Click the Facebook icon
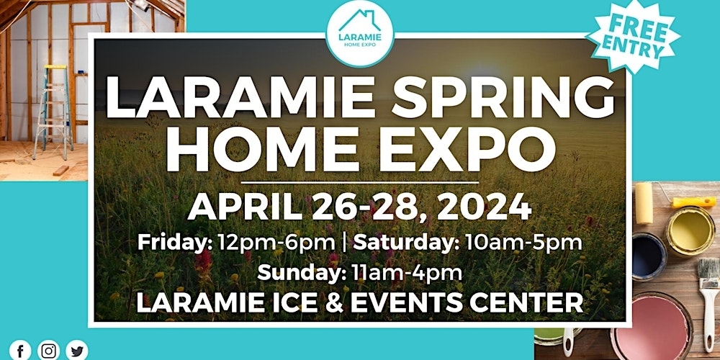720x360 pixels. [x=20, y=351]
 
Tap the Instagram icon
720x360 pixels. [x=48, y=351]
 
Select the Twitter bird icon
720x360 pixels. [x=77, y=351]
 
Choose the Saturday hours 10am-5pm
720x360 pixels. [x=522, y=243]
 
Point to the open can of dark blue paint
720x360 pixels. [x=649, y=256]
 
